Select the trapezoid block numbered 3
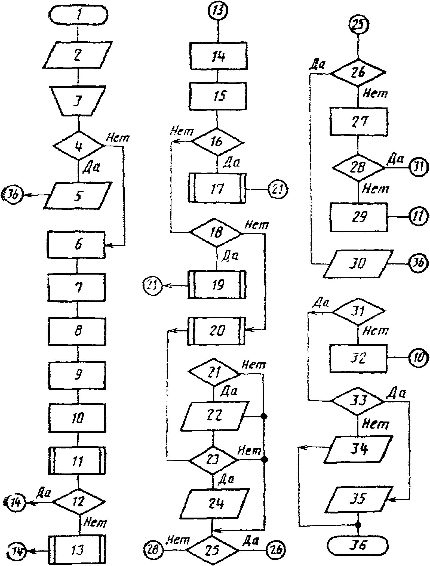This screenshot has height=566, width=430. (x=78, y=101)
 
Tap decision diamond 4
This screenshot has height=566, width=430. (x=78, y=146)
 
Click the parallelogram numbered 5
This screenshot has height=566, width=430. (x=78, y=195)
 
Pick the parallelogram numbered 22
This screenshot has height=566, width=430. (x=214, y=416)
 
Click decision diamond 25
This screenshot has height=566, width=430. (x=213, y=550)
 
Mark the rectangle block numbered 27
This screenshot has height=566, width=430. (x=359, y=121)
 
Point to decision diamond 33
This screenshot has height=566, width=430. (x=358, y=401)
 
